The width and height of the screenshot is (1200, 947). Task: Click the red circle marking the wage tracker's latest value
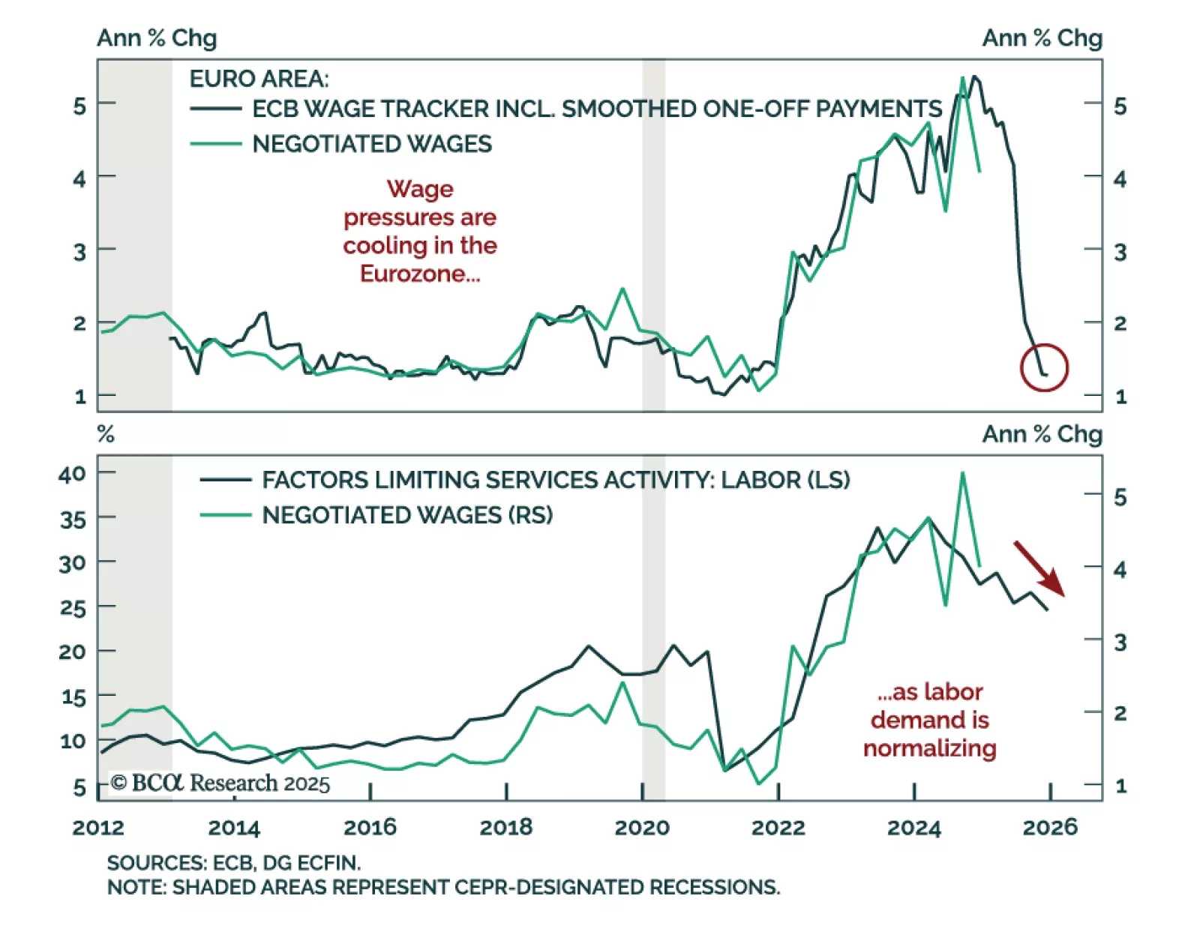click(1044, 367)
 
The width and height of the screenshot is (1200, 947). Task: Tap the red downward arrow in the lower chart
click(1039, 568)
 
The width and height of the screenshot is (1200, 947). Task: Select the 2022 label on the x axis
click(778, 828)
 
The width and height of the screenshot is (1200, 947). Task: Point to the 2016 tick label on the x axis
click(370, 828)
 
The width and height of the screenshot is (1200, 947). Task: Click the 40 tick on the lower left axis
click(72, 474)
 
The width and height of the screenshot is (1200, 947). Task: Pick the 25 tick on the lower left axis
click(72, 607)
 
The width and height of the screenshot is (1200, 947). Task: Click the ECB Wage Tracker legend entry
click(596, 109)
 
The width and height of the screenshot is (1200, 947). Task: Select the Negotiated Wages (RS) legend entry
click(406, 515)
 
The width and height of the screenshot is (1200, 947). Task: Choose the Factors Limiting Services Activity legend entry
click(555, 480)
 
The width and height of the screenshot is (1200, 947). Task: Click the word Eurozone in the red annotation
click(419, 274)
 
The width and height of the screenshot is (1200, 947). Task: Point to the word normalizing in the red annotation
click(929, 748)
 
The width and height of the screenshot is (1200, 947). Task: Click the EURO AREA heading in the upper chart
click(259, 79)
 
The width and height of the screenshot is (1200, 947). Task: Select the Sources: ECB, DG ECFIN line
click(233, 863)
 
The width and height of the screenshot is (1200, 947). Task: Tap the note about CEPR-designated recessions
click(443, 888)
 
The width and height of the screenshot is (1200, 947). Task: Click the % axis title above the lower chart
click(106, 435)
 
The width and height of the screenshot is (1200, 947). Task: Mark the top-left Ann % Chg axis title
click(157, 38)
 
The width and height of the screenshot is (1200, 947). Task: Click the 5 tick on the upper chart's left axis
click(79, 106)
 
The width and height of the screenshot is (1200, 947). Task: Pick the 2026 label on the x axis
click(1049, 828)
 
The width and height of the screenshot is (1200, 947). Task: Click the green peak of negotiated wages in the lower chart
click(962, 473)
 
